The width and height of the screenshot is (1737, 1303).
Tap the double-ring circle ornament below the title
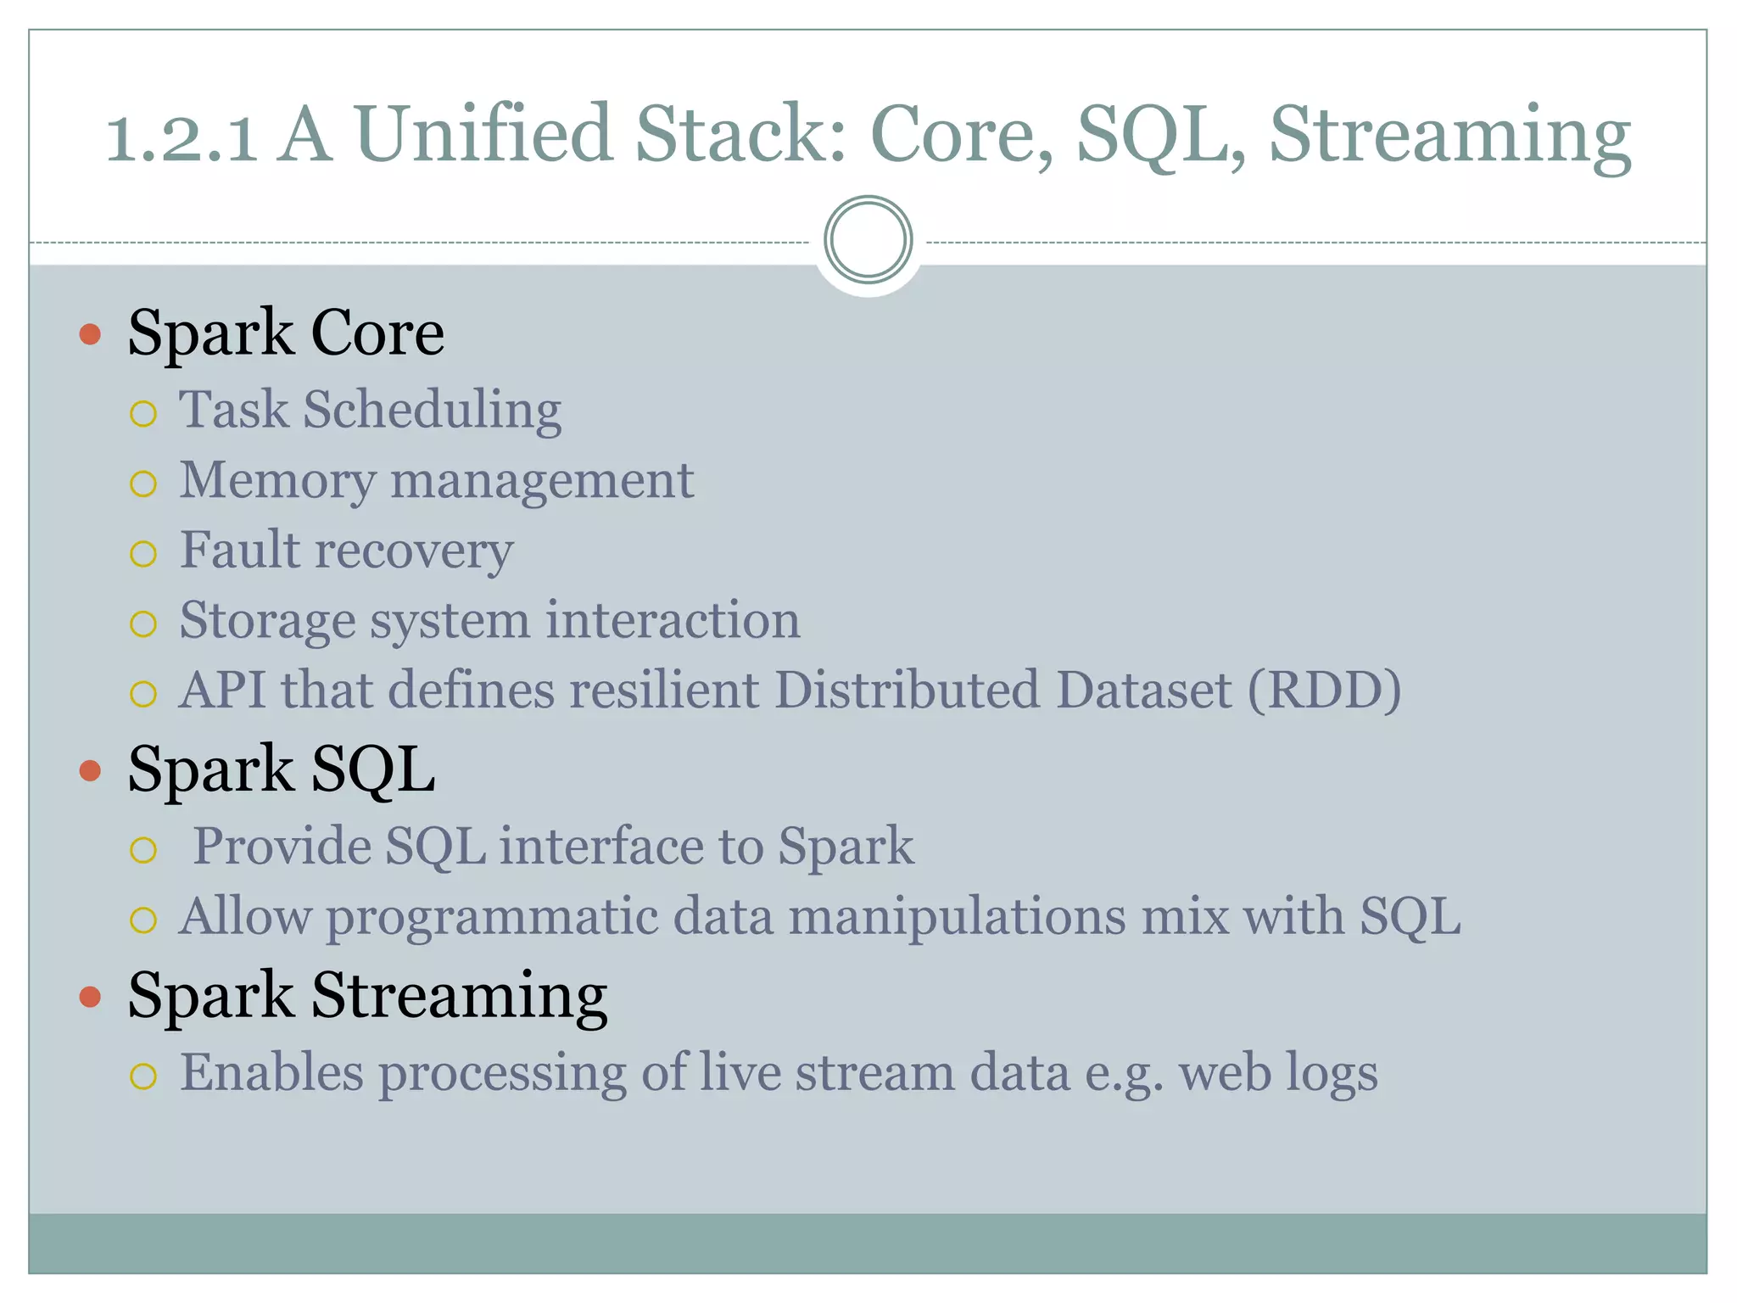[868, 239]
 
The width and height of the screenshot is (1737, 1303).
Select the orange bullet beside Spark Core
[90, 334]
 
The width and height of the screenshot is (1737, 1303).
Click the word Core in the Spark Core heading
[377, 333]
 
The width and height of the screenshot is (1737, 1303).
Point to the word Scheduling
[433, 411]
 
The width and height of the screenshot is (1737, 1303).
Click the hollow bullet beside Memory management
[143, 484]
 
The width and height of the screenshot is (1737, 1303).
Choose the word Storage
[267, 622]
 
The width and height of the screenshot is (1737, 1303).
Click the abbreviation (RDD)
[1324, 691]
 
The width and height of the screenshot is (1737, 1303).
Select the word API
[222, 691]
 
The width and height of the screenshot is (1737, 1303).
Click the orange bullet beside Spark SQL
[90, 770]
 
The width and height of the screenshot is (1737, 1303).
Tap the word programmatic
[492, 918]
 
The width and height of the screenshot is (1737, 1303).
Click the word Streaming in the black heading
[459, 996]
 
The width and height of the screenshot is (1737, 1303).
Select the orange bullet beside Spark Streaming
[90, 997]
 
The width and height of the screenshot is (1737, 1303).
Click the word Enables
[271, 1073]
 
